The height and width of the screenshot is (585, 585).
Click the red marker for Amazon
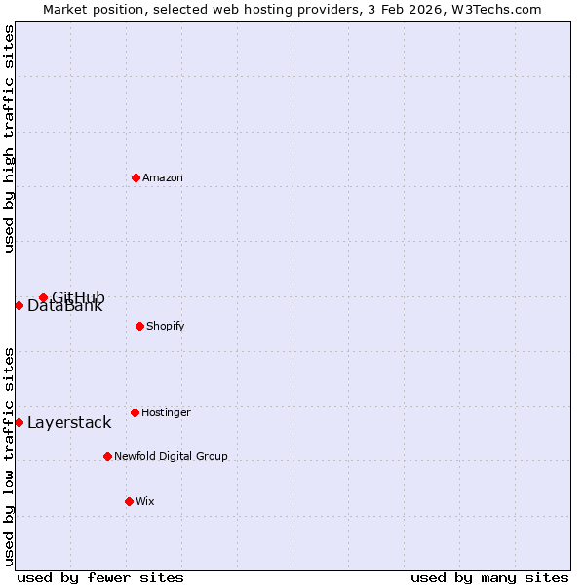point(136,177)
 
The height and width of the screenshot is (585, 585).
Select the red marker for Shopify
point(140,326)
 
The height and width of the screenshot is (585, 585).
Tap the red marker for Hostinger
point(136,412)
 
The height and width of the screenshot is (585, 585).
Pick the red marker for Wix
point(129,501)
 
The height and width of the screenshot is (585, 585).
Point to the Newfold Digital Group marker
point(108,456)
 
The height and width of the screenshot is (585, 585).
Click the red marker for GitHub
point(43,297)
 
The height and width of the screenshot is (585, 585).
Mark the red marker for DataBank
point(19,305)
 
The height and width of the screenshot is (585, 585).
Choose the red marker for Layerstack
point(19,422)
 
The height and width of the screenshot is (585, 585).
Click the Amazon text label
point(163,177)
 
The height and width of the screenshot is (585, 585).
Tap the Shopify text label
point(166,326)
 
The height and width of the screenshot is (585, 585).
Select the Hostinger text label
point(166,412)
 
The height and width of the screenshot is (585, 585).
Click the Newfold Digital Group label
point(171,456)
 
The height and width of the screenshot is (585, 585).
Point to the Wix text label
point(145,501)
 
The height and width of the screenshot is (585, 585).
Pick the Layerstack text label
point(69,423)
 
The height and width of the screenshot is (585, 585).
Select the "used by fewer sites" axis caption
point(100,578)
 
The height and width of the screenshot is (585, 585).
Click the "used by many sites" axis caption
point(489,578)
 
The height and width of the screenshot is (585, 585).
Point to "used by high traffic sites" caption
point(10,138)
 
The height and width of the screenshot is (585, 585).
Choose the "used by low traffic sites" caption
point(10,456)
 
